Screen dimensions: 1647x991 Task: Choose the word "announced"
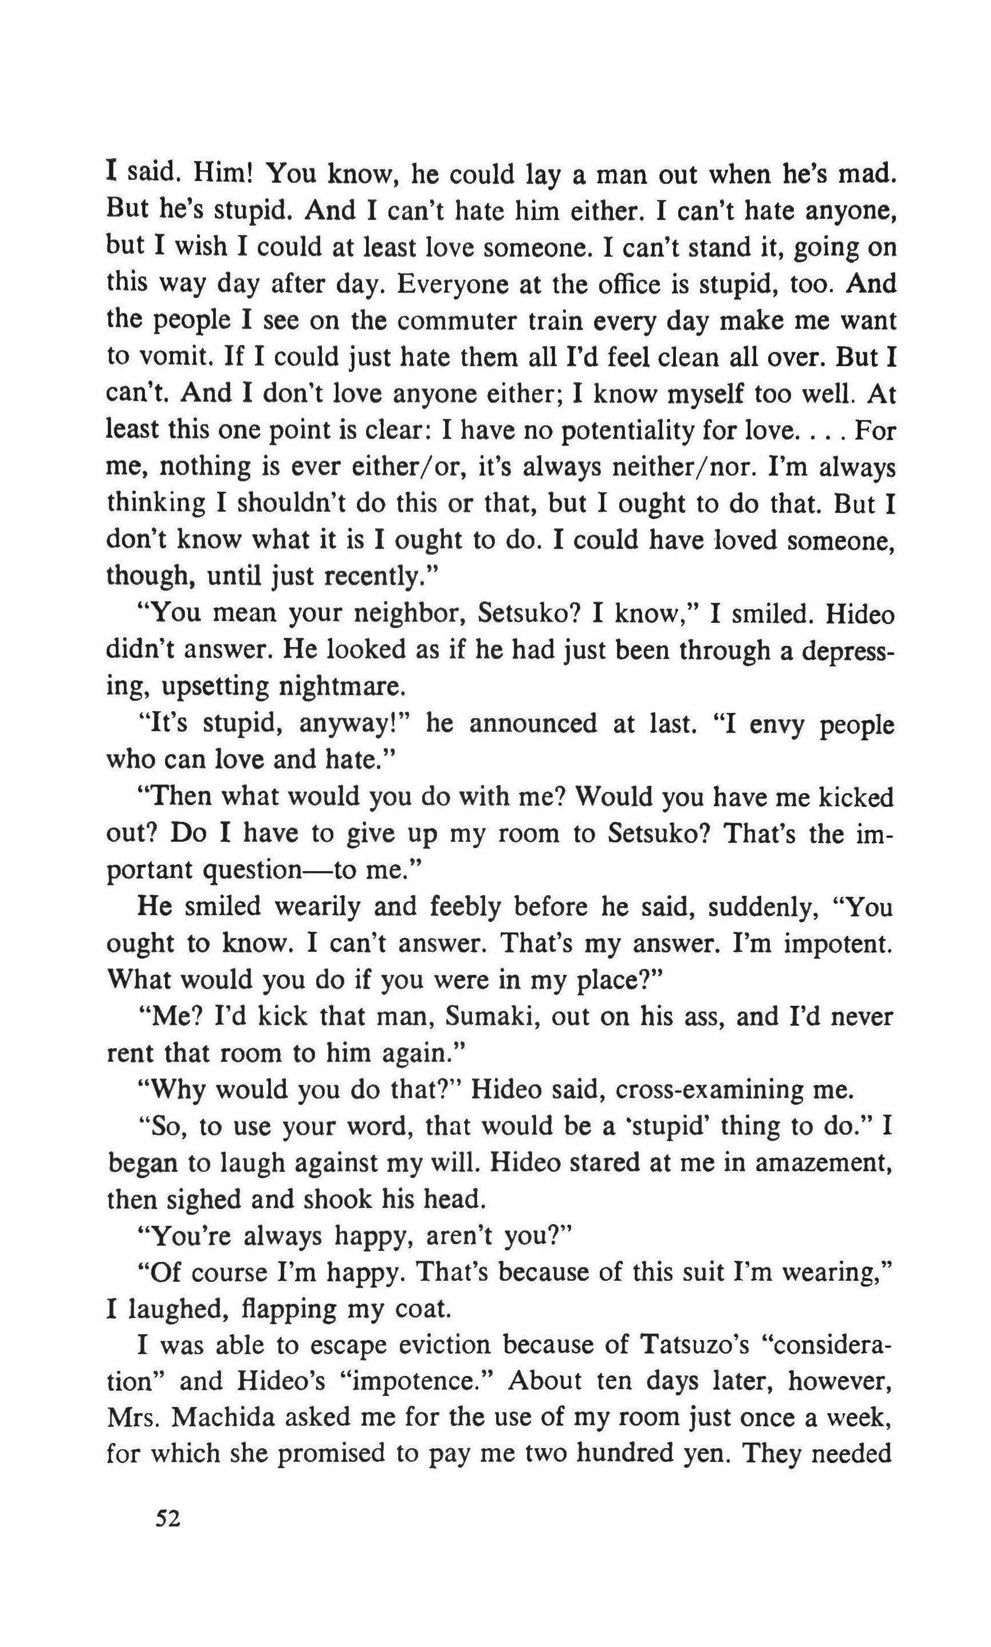[532, 723]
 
